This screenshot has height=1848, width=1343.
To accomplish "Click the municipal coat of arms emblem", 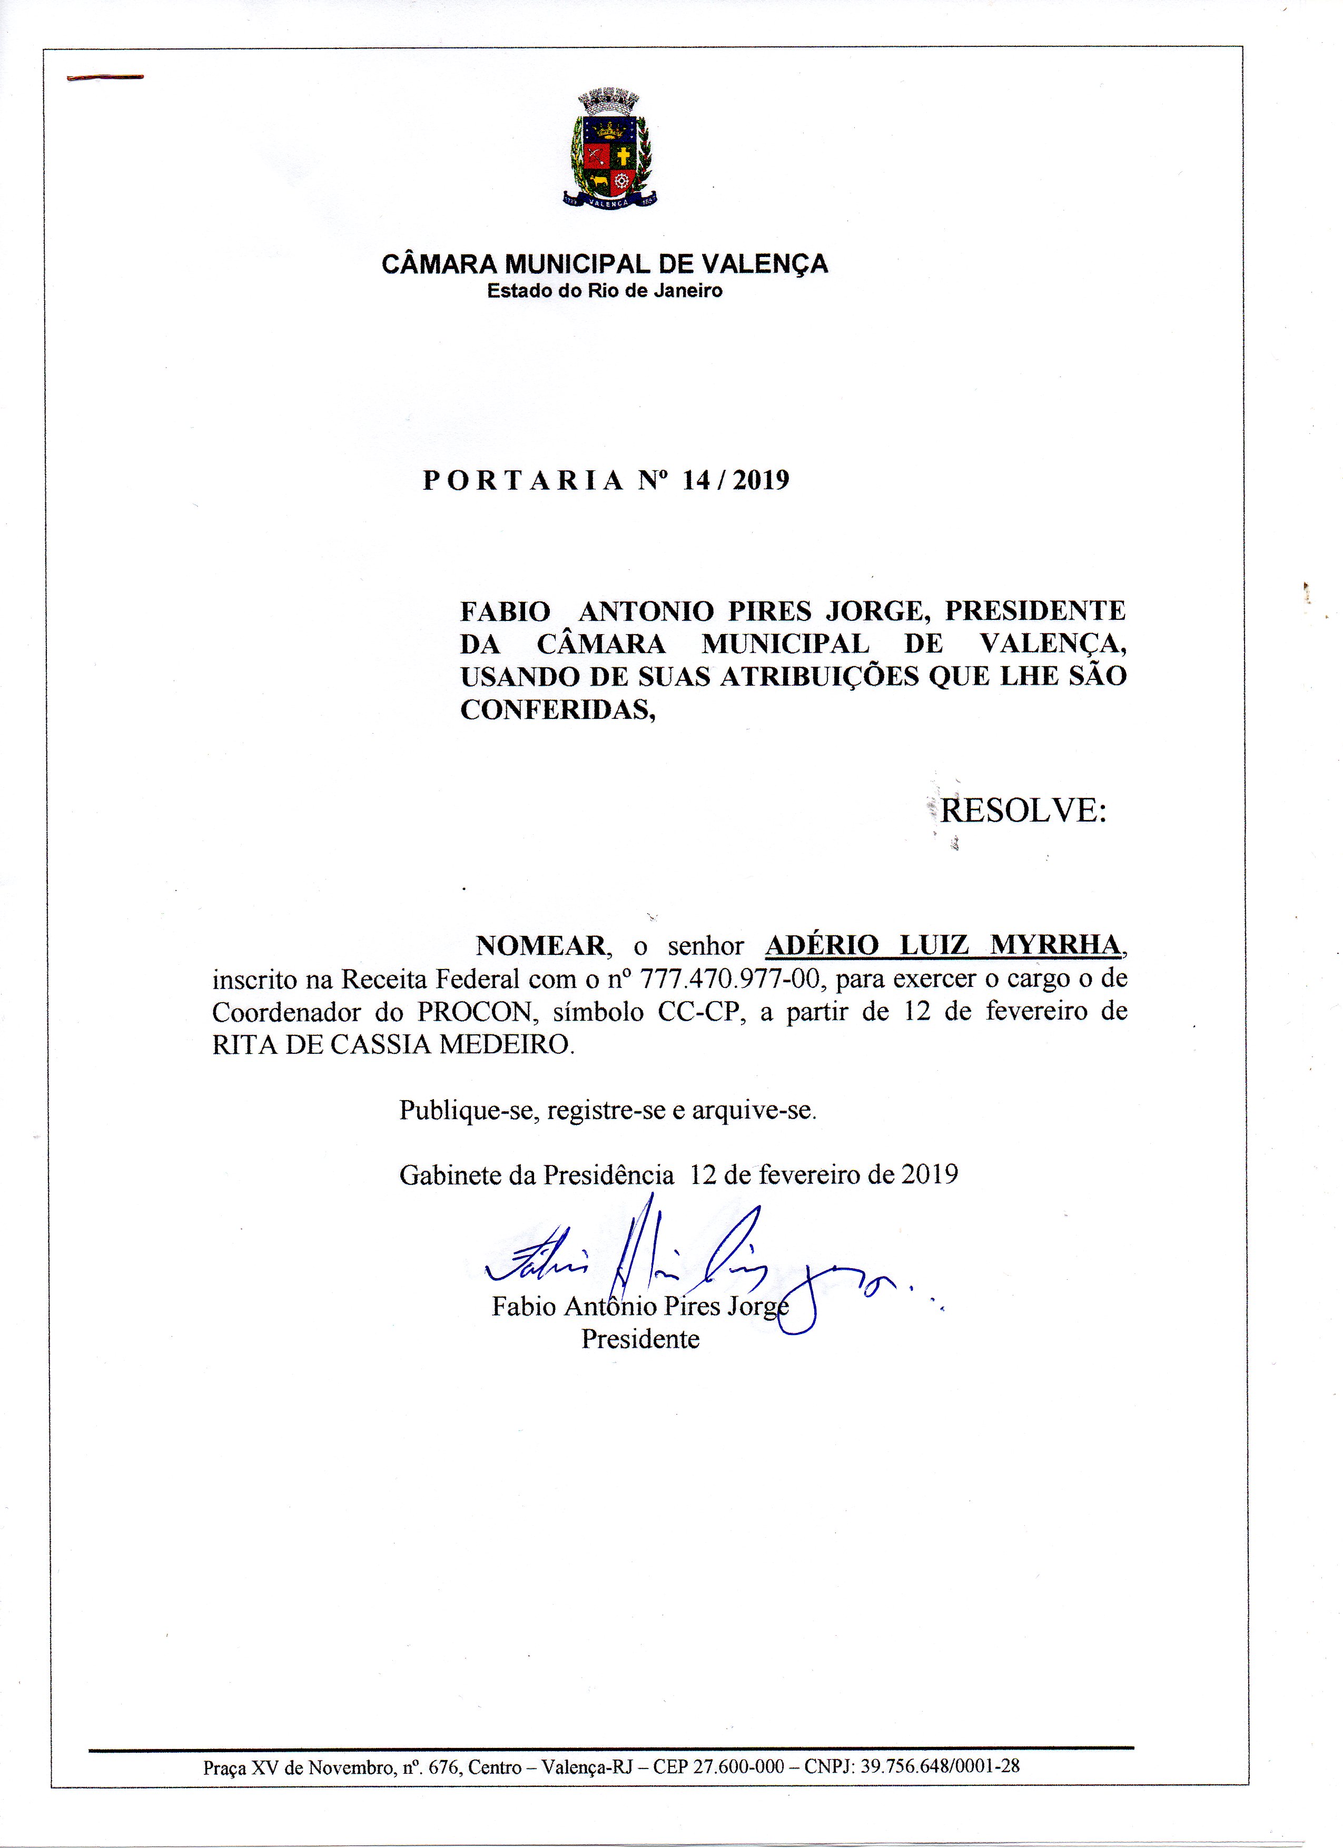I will pos(609,149).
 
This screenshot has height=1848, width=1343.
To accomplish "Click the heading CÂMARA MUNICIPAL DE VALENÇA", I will pos(605,264).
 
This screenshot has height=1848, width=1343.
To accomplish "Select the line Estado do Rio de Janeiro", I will pos(605,291).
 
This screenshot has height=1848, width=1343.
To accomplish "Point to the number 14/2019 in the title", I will pos(736,481).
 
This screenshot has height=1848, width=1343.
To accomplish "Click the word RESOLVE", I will pos(1023,811).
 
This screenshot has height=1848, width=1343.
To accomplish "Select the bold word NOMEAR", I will pos(541,946).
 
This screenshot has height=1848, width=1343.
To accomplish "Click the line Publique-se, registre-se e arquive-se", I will pos(608,1110).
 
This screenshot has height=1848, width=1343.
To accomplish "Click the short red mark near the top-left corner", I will pos(105,77).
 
